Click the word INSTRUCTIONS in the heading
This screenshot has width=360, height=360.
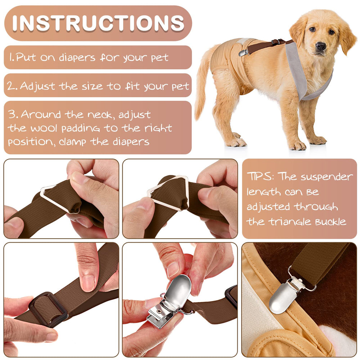(x=98, y=23)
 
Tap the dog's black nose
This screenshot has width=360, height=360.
(x=320, y=46)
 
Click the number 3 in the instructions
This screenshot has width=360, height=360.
(x=13, y=115)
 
